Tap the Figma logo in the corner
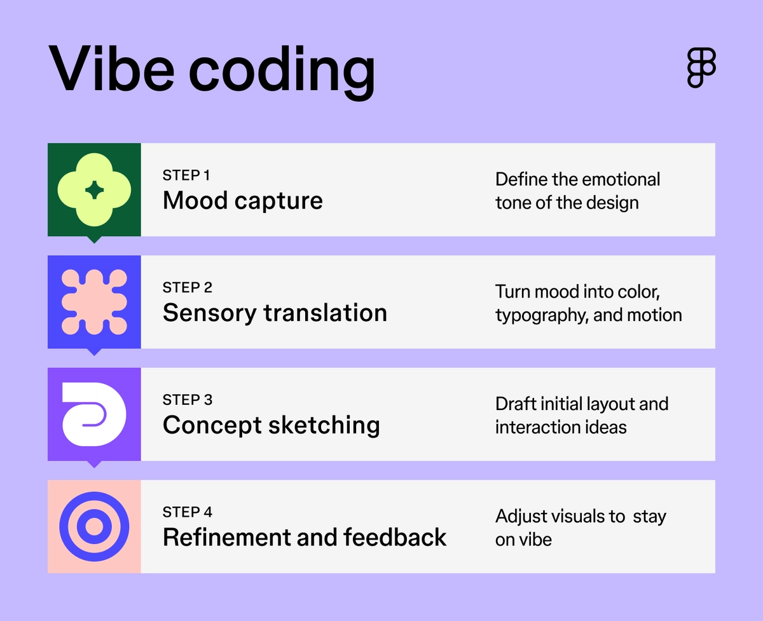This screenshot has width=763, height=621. [x=701, y=67]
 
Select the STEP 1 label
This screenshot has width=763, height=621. [x=186, y=175]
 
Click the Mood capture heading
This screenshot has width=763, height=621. [x=242, y=201]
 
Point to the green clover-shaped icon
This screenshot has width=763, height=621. [x=94, y=189]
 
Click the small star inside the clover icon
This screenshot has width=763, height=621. [x=94, y=189]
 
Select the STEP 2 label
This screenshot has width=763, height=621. [x=187, y=287]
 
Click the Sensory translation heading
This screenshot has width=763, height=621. [x=275, y=313]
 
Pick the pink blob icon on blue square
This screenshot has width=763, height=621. [x=94, y=302]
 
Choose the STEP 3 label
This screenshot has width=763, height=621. [x=187, y=400]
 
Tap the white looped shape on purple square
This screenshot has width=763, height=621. [x=94, y=414]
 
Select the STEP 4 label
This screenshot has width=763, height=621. [x=187, y=512]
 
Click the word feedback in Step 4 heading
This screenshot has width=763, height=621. [x=395, y=537]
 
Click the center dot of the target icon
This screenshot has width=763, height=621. [x=94, y=526]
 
